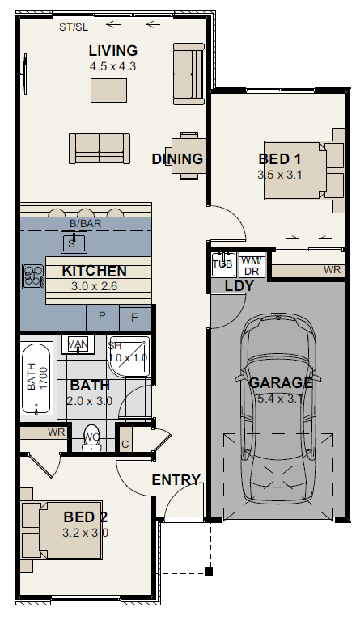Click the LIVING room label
pos(113,51)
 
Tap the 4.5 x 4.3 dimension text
pos(112,66)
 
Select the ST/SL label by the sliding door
pos(74,27)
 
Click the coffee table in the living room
pos(108,91)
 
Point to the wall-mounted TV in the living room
pos(24,74)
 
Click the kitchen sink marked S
pos(74,243)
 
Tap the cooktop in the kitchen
pos(33,276)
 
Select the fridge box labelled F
pos(135,318)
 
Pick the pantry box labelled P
pos(103,317)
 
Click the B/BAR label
pos(86,223)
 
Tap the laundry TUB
pos(223,264)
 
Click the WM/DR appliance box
pos(252,265)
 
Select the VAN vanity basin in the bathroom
pos(78,344)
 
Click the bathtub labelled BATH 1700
pos(36,378)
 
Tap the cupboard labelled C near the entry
pos(125,438)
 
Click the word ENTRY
pos(176,480)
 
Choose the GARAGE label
pos(281,383)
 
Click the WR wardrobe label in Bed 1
pos(332,270)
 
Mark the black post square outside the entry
pos(209,571)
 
